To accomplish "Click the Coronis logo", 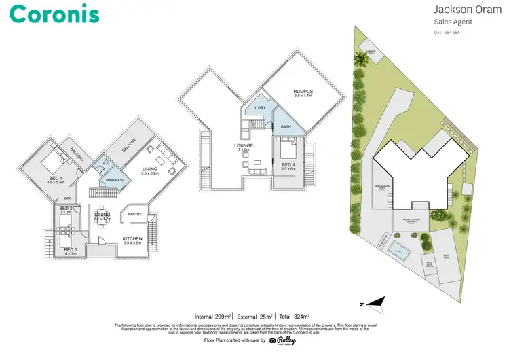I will pyautogui.click(x=55, y=14).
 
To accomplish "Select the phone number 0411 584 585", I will pyautogui.click(x=447, y=32).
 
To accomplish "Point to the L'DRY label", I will pyautogui.click(x=259, y=108).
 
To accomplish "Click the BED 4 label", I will pyautogui.click(x=288, y=165).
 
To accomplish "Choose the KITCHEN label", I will pyautogui.click(x=132, y=239).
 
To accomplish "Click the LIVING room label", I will pyautogui.click(x=151, y=170).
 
